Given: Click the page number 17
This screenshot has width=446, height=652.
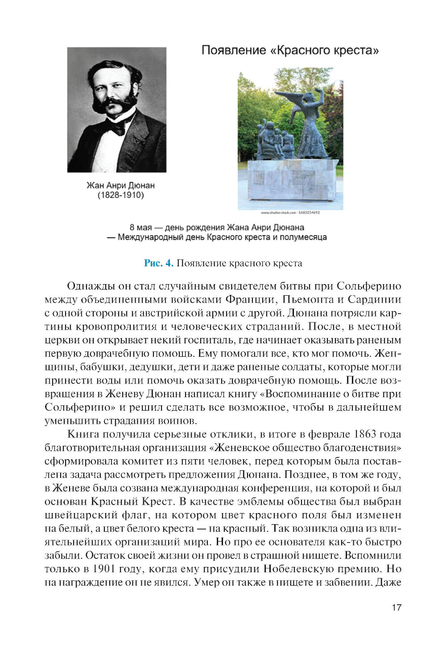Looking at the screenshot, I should click(396, 607).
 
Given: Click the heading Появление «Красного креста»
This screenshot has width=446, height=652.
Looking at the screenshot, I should click(290, 50).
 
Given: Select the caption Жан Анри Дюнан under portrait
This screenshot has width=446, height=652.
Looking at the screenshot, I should click(120, 185).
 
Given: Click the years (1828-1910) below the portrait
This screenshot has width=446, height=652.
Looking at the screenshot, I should click(120, 195).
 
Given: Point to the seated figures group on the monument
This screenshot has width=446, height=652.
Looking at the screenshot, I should click(273, 140).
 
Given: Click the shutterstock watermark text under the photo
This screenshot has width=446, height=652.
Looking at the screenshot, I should click(290, 213).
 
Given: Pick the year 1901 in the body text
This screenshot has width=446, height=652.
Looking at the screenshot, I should click(106, 569).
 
